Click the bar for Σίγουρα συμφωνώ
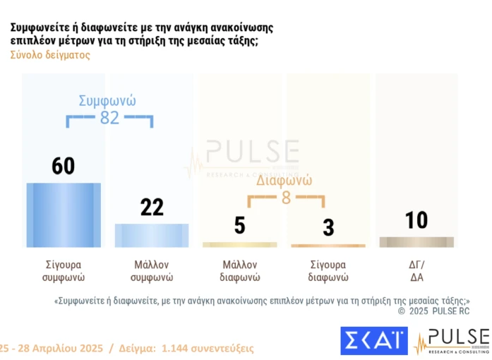[64, 215]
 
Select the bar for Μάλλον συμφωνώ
[152, 235]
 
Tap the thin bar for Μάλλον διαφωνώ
[240, 245]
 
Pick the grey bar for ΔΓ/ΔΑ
[416, 241]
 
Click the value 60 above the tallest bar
[64, 167]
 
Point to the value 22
[152, 207]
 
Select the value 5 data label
[240, 226]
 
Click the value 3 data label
[328, 227]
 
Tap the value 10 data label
[416, 220]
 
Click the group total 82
[109, 118]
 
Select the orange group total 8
[286, 198]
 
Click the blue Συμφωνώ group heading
[107, 100]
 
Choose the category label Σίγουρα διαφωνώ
[328, 271]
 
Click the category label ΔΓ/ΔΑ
[416, 271]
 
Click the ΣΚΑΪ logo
[374, 340]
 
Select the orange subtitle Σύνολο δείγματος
[50, 55]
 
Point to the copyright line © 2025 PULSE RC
[433, 311]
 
